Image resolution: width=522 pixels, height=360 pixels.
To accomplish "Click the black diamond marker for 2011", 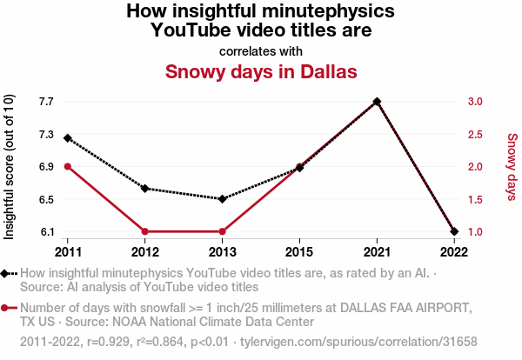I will pyautogui.click(x=68, y=138).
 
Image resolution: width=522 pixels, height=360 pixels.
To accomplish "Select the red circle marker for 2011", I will pyautogui.click(x=68, y=167).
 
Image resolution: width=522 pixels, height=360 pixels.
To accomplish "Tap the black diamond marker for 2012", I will pyautogui.click(x=145, y=189).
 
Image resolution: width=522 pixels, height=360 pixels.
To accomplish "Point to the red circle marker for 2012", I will pyautogui.click(x=145, y=231).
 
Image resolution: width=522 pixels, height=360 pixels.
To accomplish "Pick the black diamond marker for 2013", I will pyautogui.click(x=222, y=199).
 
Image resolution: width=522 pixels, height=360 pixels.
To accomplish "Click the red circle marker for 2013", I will pyautogui.click(x=222, y=231).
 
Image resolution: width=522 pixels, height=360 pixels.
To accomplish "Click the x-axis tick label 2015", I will pyautogui.click(x=299, y=251).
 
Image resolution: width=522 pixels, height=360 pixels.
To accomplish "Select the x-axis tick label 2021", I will pyautogui.click(x=377, y=251).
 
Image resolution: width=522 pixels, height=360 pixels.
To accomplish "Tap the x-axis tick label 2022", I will pyautogui.click(x=453, y=251).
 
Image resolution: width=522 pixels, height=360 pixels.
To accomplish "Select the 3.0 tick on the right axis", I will pyautogui.click(x=475, y=102).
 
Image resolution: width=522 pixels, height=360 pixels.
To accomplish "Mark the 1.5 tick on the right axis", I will pyautogui.click(x=475, y=199).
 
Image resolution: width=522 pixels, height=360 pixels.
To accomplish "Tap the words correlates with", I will pyautogui.click(x=261, y=50).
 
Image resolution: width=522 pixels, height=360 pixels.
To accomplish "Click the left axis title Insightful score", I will pyautogui.click(x=10, y=166).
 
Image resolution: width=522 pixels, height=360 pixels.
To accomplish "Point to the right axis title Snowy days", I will pyautogui.click(x=512, y=166).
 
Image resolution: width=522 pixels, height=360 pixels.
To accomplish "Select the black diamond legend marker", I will pyautogui.click(x=6, y=273).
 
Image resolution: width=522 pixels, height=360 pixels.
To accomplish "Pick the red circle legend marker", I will pyautogui.click(x=6, y=308).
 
